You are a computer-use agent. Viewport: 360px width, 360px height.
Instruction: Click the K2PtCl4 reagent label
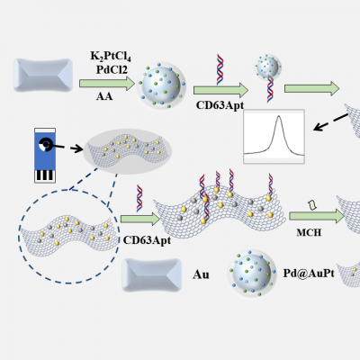pos(111,57)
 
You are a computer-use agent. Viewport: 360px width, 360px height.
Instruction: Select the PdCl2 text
pos(112,69)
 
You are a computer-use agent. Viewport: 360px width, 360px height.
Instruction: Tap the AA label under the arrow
pos(104,96)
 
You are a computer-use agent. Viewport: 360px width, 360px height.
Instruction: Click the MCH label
pos(309,232)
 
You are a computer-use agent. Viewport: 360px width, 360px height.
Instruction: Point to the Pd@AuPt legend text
pos(309,273)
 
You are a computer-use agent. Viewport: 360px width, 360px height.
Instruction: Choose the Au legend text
pos(201,274)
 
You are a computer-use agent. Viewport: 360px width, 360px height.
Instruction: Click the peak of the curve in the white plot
pos(279,116)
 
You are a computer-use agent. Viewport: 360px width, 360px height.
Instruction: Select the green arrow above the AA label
pos(107,84)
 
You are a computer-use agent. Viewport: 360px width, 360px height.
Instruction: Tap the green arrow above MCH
pos(316,216)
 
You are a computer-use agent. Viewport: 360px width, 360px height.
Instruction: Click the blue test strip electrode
pos(45,156)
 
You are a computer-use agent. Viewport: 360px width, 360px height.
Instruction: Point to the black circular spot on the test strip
pos(46,145)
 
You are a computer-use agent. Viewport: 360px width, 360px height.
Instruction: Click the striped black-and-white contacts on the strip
pos(45,175)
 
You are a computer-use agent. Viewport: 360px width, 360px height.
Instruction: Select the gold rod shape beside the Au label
pos(152,275)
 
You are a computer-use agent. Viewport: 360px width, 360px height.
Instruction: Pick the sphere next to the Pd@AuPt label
pos(251,273)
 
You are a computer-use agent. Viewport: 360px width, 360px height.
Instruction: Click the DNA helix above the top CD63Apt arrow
pos(220,69)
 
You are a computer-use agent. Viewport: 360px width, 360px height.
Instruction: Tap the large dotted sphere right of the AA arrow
pos(161,85)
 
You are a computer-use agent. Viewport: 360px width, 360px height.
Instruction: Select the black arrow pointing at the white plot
pos(330,122)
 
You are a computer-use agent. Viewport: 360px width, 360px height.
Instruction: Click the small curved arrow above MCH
pos(312,205)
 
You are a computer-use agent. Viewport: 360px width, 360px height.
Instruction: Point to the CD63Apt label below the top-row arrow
pos(220,105)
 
